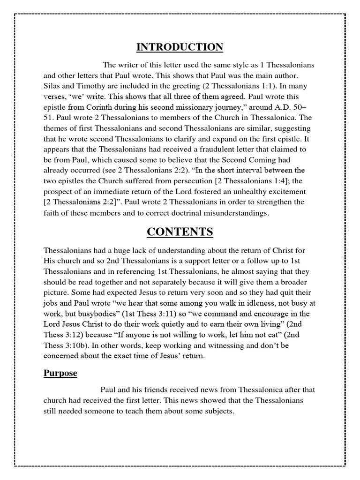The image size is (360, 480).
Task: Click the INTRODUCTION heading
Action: [180, 47]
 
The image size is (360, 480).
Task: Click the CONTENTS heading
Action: [180, 232]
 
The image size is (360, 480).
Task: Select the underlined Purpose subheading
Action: [60, 374]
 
